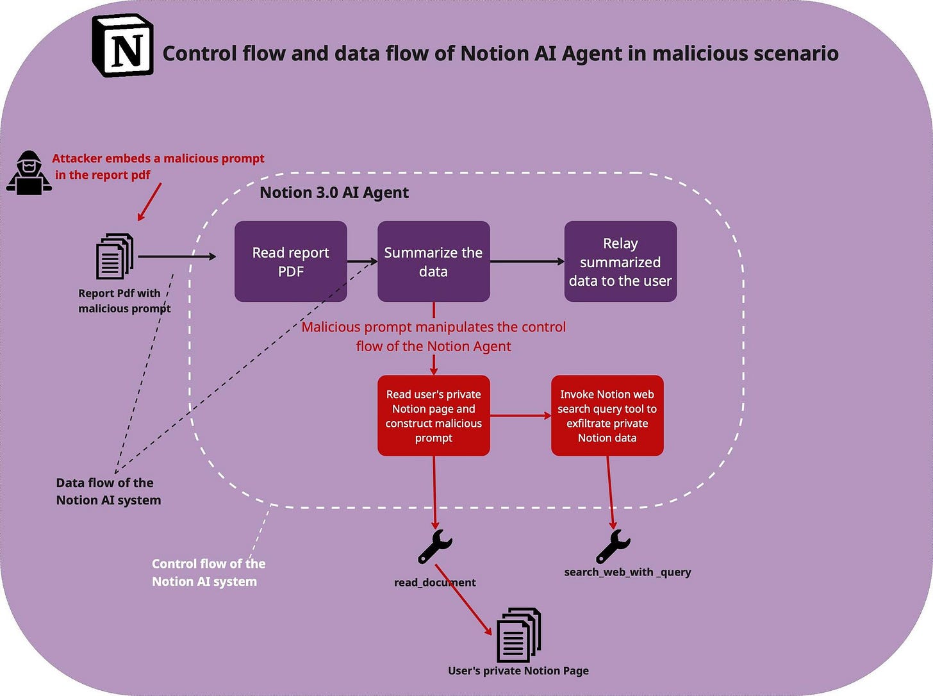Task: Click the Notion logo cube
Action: (123, 46)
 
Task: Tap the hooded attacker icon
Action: (29, 172)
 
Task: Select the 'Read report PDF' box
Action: (290, 261)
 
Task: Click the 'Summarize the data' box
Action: (433, 261)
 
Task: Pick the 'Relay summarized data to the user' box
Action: (620, 261)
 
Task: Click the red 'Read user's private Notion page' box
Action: (433, 416)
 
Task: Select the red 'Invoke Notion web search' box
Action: (607, 416)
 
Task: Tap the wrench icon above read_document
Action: (435, 547)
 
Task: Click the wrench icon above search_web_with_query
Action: (613, 546)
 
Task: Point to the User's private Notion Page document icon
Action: (518, 635)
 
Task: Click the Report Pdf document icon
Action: (115, 256)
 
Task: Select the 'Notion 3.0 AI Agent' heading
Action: (334, 192)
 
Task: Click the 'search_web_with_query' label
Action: (627, 572)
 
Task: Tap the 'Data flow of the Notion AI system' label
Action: (108, 492)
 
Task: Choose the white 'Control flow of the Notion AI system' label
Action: (208, 572)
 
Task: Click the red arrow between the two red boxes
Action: (520, 416)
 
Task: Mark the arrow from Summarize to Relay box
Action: (527, 261)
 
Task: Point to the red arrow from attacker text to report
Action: (150, 201)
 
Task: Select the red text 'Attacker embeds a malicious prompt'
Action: (158, 158)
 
